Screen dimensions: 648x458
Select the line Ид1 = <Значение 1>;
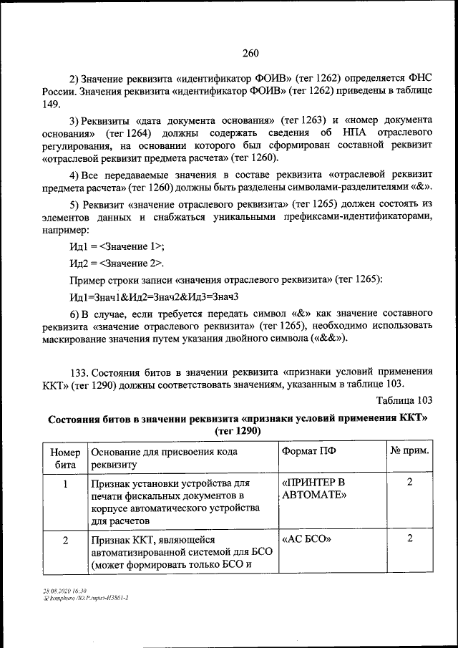(117, 246)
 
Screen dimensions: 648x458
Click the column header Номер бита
(64, 458)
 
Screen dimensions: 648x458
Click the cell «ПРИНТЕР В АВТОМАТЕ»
(314, 488)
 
